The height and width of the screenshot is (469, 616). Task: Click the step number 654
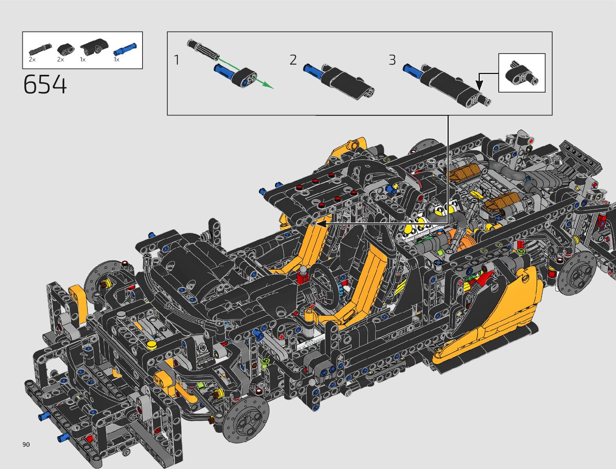(x=45, y=85)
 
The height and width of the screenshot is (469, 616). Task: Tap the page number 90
(x=26, y=445)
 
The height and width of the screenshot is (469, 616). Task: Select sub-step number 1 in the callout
(x=177, y=60)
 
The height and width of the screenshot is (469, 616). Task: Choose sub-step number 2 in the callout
(x=293, y=60)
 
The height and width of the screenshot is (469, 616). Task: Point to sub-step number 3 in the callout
(x=392, y=60)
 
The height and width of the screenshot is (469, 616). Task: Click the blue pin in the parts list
(x=125, y=49)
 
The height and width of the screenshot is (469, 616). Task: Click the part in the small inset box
(x=522, y=73)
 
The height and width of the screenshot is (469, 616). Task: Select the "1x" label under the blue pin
(x=117, y=59)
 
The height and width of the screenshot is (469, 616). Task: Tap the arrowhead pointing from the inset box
(x=479, y=85)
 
